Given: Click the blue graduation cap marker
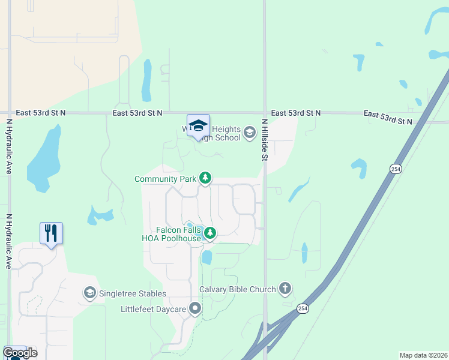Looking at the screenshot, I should click(x=198, y=126).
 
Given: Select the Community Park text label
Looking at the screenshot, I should click(x=166, y=179).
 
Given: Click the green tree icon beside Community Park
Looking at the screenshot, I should click(x=205, y=178).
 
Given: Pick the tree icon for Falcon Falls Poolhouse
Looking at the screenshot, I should click(x=209, y=233).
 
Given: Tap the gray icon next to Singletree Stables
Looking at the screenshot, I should click(x=89, y=293).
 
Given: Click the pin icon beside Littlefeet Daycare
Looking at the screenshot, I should click(x=195, y=310).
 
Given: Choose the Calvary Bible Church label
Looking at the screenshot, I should click(x=238, y=289).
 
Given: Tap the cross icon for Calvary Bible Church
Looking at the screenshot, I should click(x=285, y=289).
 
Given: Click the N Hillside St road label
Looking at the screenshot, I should click(x=264, y=140).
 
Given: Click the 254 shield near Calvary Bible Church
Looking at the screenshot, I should click(x=303, y=308).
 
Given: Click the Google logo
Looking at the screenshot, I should click(x=19, y=353).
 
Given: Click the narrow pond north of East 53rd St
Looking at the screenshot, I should click(x=146, y=80).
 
